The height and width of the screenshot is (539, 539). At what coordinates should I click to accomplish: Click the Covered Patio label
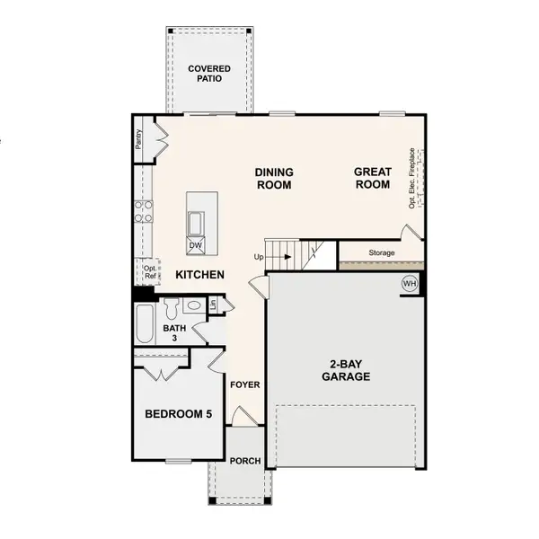[x=208, y=74]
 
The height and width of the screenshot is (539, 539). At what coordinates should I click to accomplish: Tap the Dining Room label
[x=274, y=178]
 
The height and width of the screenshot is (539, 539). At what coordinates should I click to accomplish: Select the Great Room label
[x=372, y=178]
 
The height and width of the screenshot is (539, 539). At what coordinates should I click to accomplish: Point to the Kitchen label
[x=199, y=275]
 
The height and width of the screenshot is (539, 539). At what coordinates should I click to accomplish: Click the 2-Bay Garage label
[x=346, y=371]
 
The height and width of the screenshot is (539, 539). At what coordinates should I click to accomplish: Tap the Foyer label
[x=245, y=385]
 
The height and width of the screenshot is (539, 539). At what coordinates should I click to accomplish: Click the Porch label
[x=245, y=462]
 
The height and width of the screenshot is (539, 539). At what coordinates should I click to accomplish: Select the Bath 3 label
[x=174, y=333]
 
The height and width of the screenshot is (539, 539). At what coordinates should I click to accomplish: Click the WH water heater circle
[x=410, y=285]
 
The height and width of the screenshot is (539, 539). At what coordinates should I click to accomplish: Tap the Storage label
[x=382, y=253]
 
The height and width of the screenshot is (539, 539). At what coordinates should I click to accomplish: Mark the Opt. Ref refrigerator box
[x=150, y=272]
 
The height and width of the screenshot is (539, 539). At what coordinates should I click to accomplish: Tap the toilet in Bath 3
[x=170, y=309]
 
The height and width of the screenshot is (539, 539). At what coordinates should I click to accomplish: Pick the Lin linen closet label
[x=212, y=305]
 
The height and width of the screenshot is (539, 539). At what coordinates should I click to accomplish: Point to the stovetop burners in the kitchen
[x=143, y=211]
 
